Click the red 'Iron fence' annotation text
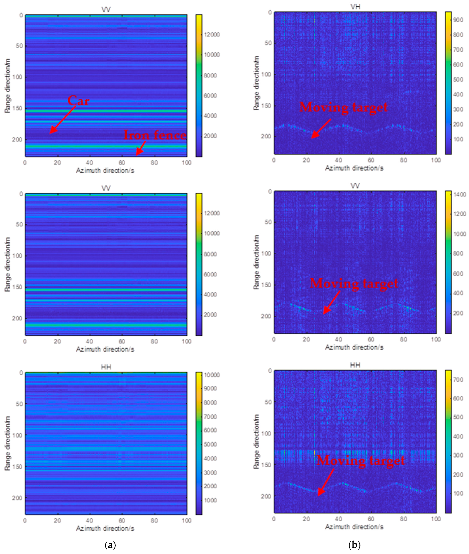155,135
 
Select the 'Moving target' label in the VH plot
343,107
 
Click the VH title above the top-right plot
355,7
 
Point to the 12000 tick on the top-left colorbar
212,35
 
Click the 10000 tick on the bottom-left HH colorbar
212,375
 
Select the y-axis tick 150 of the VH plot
267,106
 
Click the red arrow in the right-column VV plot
332,302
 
